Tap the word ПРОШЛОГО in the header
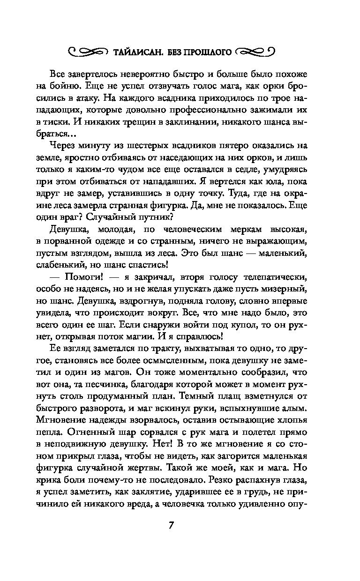[x=209, y=52]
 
